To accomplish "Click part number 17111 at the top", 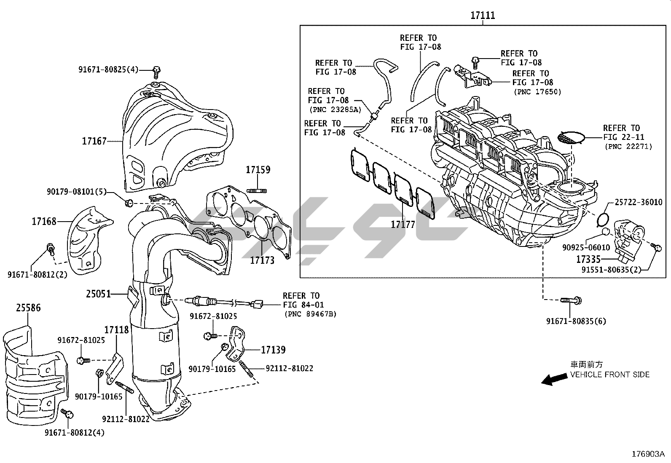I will click(x=483, y=16).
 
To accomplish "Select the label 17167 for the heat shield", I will click(x=94, y=141).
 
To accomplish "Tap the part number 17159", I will click(x=258, y=170).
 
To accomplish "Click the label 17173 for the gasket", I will click(x=262, y=260).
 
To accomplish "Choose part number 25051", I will click(x=98, y=294).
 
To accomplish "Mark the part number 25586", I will click(x=29, y=308).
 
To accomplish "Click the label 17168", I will click(x=44, y=221).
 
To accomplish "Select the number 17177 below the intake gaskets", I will click(x=403, y=225).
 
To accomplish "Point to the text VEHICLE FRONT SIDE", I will click(x=609, y=375).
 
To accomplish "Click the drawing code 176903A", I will click(x=647, y=454).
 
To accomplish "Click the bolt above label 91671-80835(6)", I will click(x=571, y=300).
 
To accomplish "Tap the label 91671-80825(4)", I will click(x=108, y=70).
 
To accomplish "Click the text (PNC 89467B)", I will click(x=310, y=314).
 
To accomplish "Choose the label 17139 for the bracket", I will click(x=273, y=350).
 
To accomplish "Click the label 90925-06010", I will click(x=586, y=248).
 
